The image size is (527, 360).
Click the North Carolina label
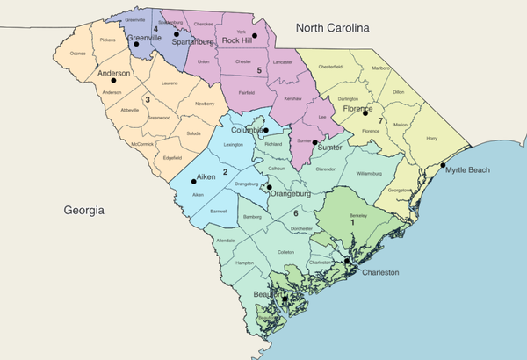click(x=332, y=28)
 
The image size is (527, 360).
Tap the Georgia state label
click(x=84, y=211)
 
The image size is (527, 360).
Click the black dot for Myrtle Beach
click(x=443, y=166)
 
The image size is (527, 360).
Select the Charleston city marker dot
click(x=347, y=261)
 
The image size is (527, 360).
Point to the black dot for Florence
click(x=365, y=112)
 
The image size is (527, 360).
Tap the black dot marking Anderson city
click(x=112, y=81)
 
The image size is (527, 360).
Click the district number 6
click(x=296, y=213)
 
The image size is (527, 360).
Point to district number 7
click(x=379, y=120)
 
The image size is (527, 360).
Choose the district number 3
click(x=147, y=100)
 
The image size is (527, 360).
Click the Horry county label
click(x=430, y=139)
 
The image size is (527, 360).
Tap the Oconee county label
click(x=77, y=53)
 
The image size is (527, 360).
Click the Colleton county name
click(x=285, y=252)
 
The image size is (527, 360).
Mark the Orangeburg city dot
click(x=270, y=186)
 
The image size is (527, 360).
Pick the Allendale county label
click(x=226, y=240)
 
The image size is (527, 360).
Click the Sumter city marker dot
click(x=314, y=141)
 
